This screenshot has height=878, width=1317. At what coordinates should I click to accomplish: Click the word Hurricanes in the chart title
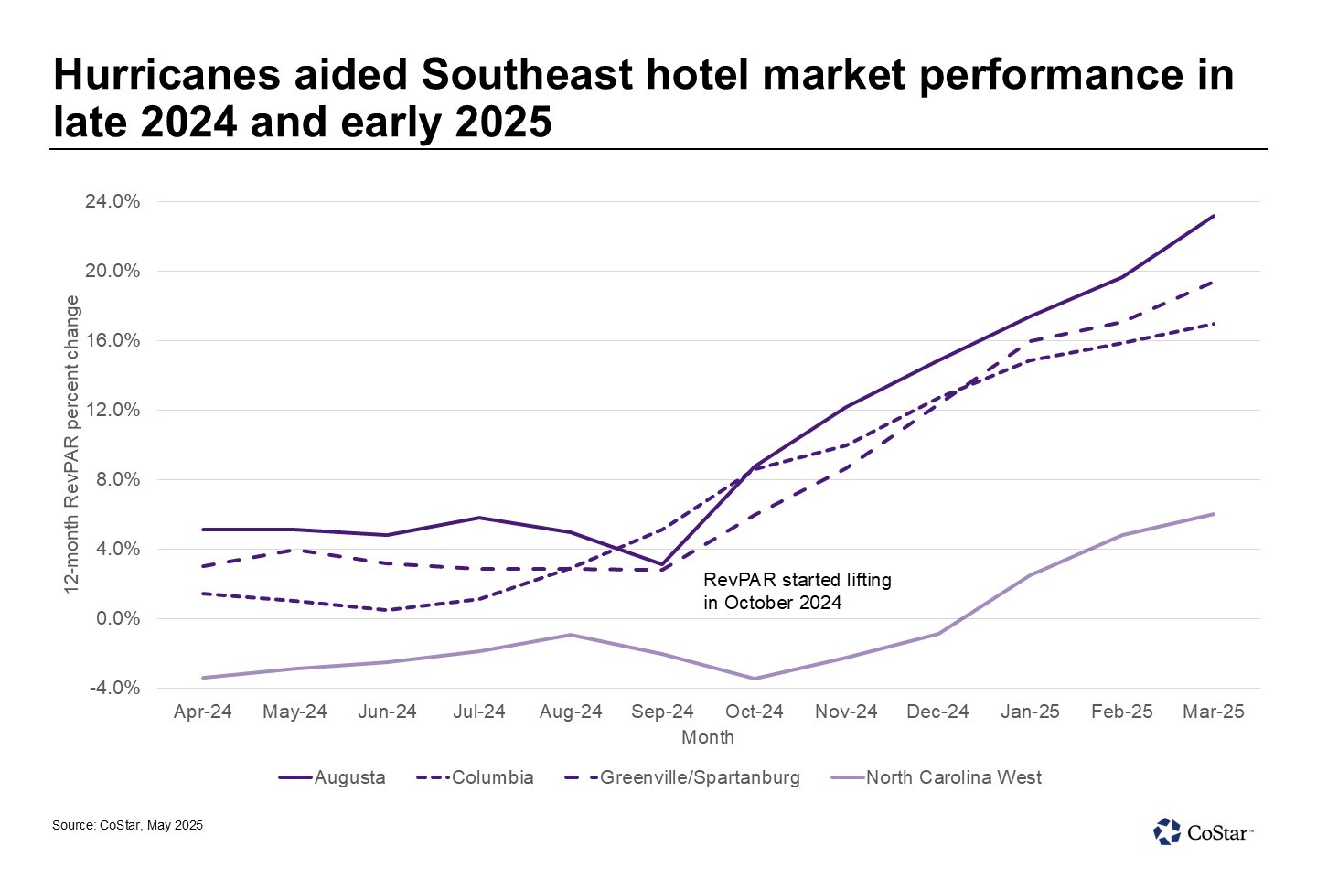166,75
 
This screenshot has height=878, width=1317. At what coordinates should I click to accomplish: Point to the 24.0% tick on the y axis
112,202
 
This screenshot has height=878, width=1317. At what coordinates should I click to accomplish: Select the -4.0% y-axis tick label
114,689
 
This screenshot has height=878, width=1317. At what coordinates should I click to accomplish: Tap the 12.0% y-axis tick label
112,411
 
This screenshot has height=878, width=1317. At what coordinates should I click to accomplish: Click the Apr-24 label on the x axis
202,712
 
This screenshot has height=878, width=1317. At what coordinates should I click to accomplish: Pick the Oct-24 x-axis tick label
754,712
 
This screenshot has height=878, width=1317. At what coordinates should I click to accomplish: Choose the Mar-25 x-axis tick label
1213,712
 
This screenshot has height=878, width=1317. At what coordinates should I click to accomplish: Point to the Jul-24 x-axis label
478,712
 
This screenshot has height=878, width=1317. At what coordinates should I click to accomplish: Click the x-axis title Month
707,737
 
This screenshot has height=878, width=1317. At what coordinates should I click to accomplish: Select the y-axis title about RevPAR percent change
71,444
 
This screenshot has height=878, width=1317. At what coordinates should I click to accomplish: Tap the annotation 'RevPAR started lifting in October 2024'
797,591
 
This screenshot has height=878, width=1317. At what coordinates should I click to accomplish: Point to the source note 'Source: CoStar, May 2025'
127,825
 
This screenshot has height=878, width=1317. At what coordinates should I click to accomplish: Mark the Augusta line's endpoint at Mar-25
1214,216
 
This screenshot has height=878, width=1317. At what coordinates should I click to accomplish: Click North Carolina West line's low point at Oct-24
755,679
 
